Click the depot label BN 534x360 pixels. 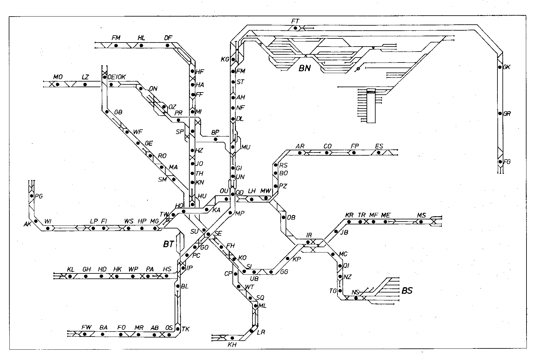pos(305,68)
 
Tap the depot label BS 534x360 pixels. pos(407,291)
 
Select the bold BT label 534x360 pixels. pos(168,244)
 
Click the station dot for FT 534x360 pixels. pos(295,28)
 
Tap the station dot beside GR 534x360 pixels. pos(500,113)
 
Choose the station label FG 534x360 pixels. pos(507,162)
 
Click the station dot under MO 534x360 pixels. pos(57,84)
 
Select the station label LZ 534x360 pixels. pos(85,77)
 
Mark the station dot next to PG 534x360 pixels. pos(32,196)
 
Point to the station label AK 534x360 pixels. pos(27,224)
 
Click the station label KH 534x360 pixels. pos(232,344)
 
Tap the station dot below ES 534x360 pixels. pos(379,152)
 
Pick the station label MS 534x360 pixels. pos(421,215)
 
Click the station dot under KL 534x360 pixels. pos(70,276)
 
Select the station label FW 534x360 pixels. pos(86,327)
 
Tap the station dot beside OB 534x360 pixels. pos(283,217)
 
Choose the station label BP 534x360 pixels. pos(215,132)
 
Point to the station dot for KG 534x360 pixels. pos(233,59)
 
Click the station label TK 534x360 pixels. pos(186,329)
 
